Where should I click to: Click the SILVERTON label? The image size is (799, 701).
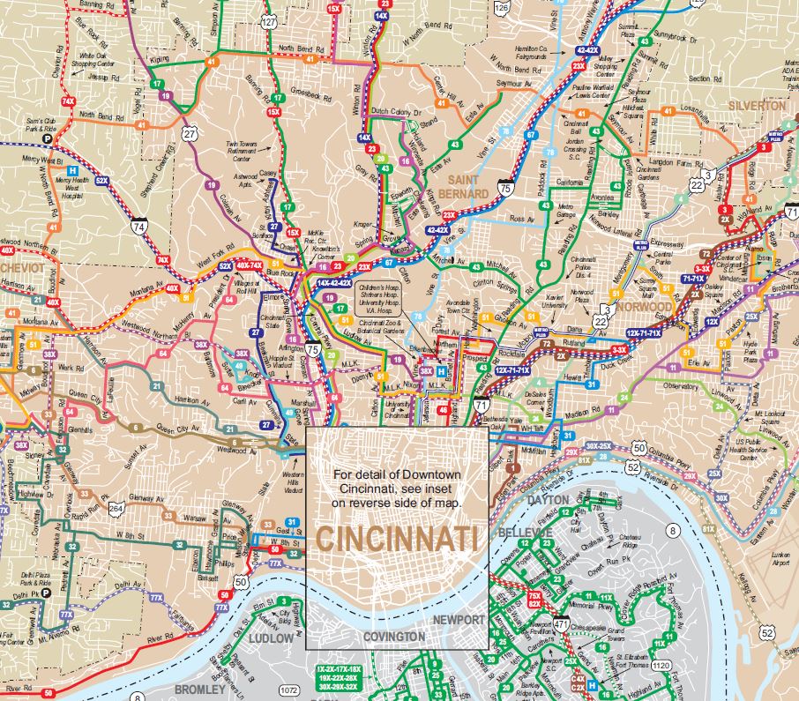click(757, 105)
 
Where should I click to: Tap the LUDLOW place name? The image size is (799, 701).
click(270, 637)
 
